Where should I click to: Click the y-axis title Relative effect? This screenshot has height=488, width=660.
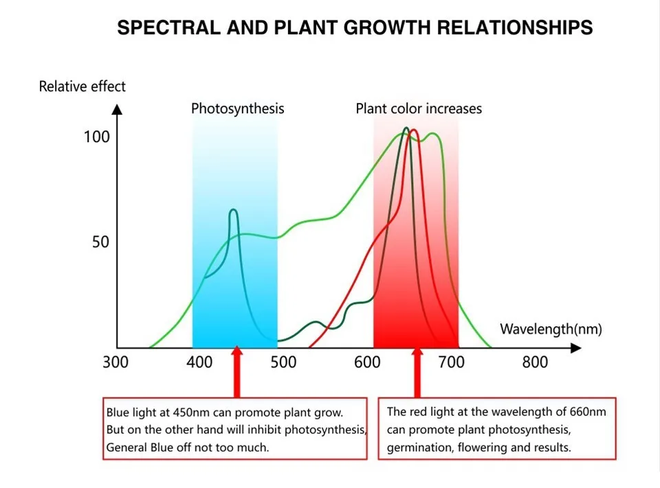point(82,86)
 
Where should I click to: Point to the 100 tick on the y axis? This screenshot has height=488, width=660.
point(96,137)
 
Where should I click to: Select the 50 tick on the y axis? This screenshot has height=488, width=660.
point(100,242)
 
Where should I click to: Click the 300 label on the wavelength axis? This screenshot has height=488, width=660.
point(115,362)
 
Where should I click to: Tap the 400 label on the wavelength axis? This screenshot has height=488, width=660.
point(199,362)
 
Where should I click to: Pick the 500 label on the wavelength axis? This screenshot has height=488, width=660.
point(283,362)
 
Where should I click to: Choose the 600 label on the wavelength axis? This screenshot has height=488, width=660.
point(367,362)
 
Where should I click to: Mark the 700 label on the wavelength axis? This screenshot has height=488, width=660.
point(451,362)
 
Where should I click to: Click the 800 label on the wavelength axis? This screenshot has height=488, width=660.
point(535,362)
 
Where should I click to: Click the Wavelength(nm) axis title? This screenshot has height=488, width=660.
point(551,329)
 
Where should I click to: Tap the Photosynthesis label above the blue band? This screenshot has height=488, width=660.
point(237,108)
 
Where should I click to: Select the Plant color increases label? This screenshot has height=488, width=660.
point(418,108)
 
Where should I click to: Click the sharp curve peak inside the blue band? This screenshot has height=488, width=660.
point(233,211)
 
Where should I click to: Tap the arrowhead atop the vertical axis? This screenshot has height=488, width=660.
point(117,108)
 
